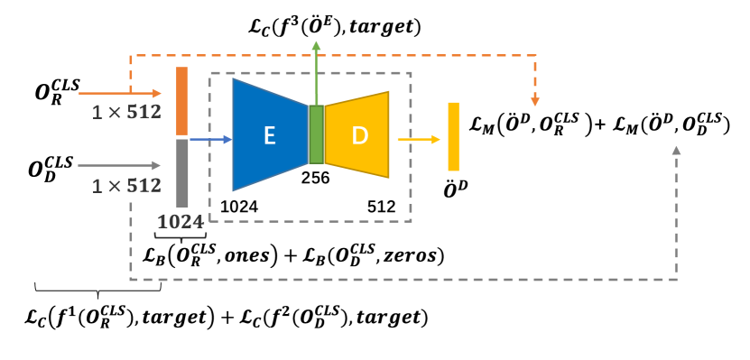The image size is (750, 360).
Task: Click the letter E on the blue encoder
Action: [269, 136]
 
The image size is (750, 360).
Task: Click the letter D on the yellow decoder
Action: [360, 135]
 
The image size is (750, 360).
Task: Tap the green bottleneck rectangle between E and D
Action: [316, 134]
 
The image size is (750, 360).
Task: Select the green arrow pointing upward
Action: [316, 72]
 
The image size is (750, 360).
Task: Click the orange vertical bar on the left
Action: [182, 100]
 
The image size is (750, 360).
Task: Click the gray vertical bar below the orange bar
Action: [182, 172]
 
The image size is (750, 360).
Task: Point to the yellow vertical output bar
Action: [453, 136]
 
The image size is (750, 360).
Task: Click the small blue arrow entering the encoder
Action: [211, 139]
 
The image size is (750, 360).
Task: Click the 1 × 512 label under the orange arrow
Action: [126, 113]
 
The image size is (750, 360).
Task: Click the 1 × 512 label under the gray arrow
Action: [126, 186]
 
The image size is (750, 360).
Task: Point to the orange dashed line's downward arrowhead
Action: [535, 101]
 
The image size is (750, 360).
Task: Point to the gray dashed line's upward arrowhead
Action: [676, 150]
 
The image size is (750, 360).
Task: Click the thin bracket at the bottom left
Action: [97, 288]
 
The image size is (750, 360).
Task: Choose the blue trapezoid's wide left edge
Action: [234, 134]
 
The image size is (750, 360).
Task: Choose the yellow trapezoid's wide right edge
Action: [388, 134]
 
